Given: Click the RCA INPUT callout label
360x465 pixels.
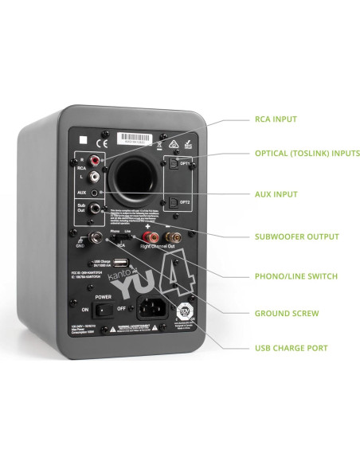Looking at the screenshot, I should point(276,119).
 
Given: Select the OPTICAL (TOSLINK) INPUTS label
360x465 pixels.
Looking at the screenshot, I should point(307,153).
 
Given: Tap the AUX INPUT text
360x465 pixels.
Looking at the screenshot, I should point(276,193).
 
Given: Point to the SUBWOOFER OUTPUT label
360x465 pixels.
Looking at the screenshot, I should point(296,236).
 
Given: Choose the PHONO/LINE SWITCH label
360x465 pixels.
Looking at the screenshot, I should point(295,276).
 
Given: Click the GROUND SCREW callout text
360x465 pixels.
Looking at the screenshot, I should point(287,313).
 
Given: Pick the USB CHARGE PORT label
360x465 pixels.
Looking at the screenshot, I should point(291,348).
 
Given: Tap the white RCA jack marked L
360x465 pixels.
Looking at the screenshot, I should point(95,176).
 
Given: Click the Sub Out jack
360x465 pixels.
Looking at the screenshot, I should point(96,209).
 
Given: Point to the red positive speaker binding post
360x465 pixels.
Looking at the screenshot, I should point(148,236).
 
